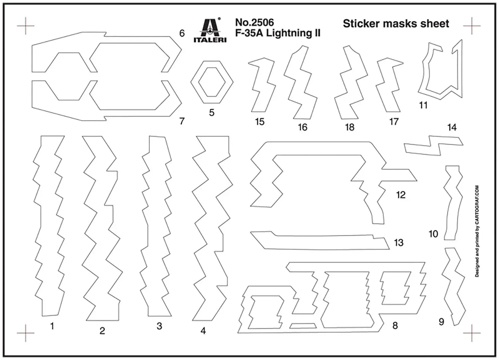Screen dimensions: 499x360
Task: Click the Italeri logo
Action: [x=210, y=30]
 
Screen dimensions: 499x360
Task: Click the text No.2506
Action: [x=254, y=23]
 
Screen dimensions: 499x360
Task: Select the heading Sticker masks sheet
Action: [x=396, y=24]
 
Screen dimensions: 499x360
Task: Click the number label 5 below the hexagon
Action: [x=212, y=112]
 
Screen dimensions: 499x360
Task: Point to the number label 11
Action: [x=423, y=105]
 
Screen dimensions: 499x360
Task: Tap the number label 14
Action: [x=452, y=127]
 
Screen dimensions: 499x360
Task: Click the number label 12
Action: [x=401, y=195]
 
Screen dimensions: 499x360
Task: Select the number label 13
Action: [x=399, y=243]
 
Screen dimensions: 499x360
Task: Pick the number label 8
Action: [x=395, y=325]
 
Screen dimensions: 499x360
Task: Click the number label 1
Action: [x=52, y=326]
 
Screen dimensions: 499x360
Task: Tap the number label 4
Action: [x=203, y=331]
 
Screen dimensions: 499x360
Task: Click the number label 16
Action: [x=302, y=127]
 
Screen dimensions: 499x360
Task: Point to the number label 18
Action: [x=350, y=127]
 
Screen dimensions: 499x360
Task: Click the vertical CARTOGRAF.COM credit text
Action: [x=477, y=231]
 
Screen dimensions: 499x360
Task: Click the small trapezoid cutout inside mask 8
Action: [x=303, y=326]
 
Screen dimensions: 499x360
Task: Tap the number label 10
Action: [x=433, y=234]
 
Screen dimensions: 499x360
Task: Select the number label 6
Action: [x=182, y=33]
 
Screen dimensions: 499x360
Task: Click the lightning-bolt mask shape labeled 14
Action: [x=434, y=146]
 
